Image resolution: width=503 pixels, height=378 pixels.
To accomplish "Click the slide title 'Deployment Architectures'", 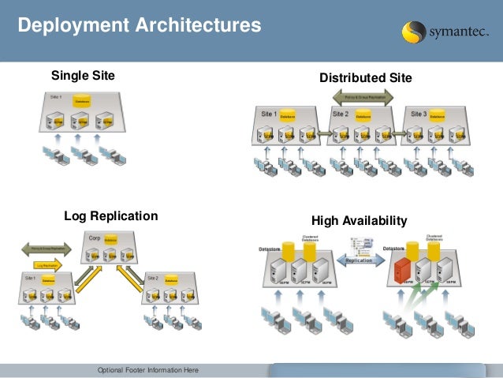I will (x=140, y=26).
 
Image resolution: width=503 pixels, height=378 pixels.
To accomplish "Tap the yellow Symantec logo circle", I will (x=415, y=32).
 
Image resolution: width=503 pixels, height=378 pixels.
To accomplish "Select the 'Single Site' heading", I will (x=83, y=76).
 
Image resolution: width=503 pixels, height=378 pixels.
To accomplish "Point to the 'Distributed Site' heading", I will (x=365, y=78).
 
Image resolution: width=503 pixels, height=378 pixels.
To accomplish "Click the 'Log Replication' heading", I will (x=110, y=215).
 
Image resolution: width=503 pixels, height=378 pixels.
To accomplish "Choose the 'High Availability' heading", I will (x=359, y=221).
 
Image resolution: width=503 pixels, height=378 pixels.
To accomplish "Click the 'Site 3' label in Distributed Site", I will (x=418, y=114).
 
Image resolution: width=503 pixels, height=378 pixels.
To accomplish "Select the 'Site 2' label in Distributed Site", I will (x=341, y=114).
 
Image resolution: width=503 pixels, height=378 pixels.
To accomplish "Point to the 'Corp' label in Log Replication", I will (x=95, y=237).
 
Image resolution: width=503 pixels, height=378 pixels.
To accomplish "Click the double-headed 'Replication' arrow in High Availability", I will (x=359, y=259).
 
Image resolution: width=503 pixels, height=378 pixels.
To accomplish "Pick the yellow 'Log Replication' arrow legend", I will (x=48, y=266).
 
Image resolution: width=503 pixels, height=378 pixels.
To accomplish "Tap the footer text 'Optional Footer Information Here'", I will (x=147, y=371).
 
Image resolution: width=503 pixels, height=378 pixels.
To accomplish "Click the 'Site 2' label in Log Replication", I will (x=152, y=279).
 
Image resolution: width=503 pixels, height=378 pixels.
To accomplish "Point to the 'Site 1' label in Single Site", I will (x=55, y=96).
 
